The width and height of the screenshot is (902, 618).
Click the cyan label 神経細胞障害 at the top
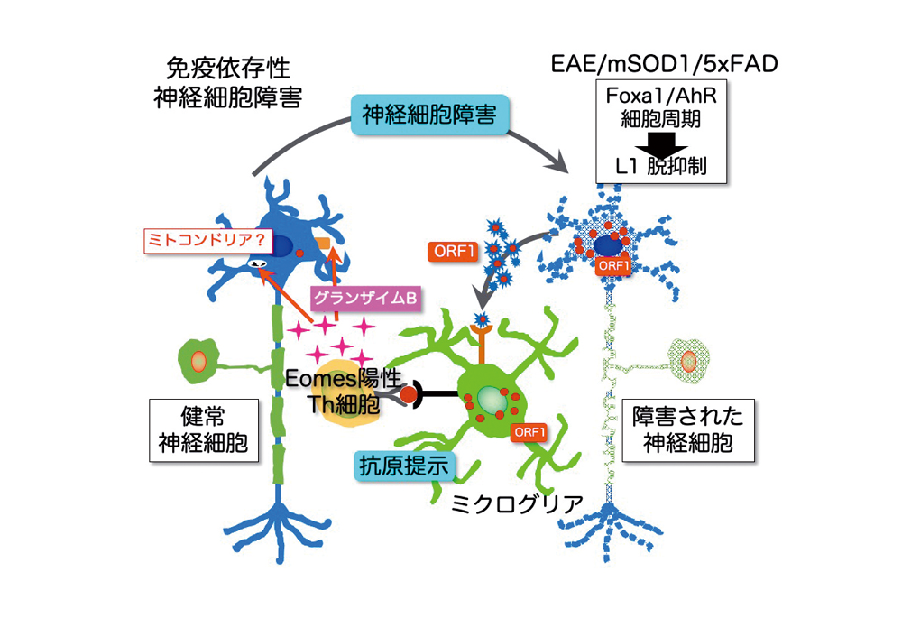(416, 115)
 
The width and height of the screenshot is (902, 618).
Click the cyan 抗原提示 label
(402, 466)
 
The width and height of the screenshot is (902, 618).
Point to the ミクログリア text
(517, 501)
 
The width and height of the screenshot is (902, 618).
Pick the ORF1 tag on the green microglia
(529, 432)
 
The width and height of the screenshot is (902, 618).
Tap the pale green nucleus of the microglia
(490, 398)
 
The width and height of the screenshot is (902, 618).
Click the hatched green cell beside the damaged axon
(689, 361)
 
